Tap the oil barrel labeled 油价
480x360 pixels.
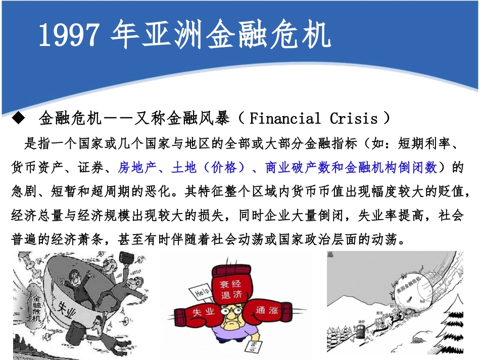click(361, 331)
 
